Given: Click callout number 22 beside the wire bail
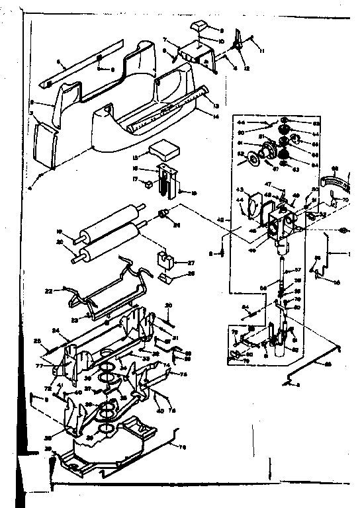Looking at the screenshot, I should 48,290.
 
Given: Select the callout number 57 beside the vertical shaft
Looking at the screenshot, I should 298,270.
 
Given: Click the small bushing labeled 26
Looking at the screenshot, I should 159,213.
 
